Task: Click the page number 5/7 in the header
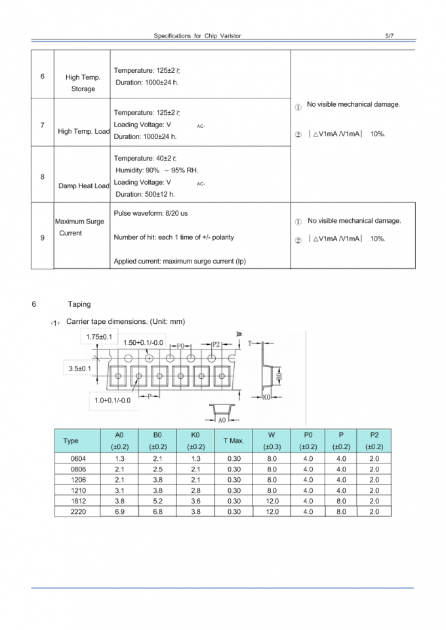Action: coord(390,35)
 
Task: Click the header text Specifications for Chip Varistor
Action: coord(197,35)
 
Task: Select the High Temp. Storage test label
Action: coord(83,83)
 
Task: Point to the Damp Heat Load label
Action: coord(84,186)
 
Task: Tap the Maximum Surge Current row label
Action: coord(79,227)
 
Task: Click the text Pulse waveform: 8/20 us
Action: coord(151,214)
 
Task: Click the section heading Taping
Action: coord(79,304)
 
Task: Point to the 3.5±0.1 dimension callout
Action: coord(80,369)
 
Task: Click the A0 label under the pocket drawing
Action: coord(222,420)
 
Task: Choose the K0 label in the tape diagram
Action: coord(267,397)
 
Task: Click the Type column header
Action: coord(70,441)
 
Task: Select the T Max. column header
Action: coord(233,441)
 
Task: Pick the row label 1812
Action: coord(77,501)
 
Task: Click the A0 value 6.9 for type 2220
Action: coord(119,511)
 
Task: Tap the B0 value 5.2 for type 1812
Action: coord(157,501)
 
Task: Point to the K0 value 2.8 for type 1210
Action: coord(195,490)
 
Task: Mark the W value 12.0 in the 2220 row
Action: coord(272,511)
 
